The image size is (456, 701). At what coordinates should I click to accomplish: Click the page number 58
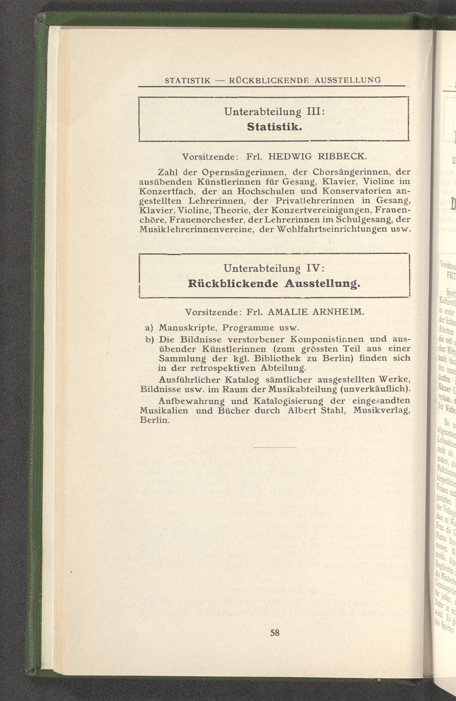(275, 633)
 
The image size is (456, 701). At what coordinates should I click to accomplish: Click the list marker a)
(149, 327)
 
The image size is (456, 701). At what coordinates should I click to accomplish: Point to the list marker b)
(149, 339)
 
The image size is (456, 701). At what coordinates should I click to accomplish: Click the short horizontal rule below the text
(274, 447)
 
